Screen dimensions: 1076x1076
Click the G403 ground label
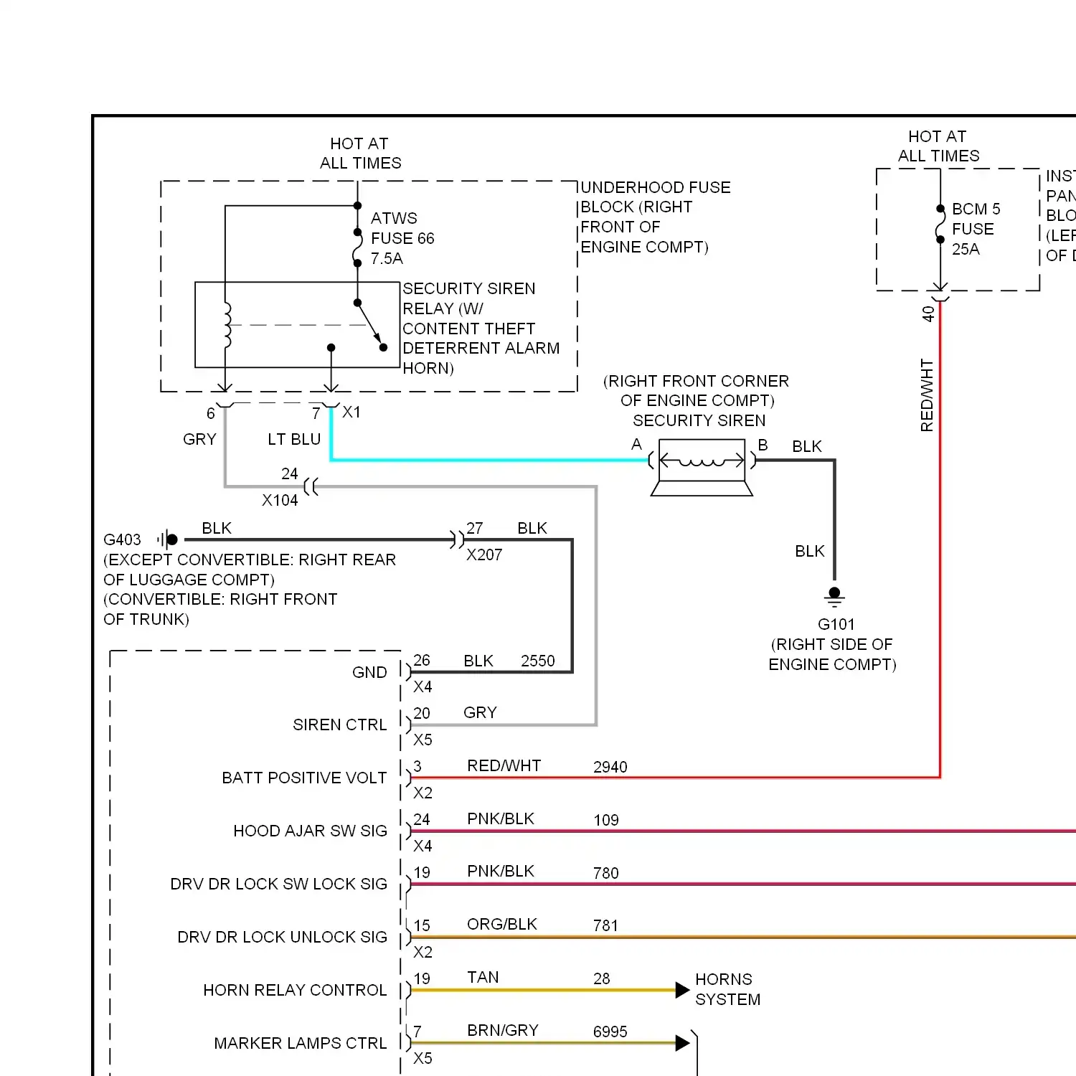click(122, 539)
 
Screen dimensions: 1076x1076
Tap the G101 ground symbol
click(834, 597)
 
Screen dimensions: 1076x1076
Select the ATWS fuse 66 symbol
click(357, 247)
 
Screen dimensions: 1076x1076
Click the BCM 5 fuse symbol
click(940, 225)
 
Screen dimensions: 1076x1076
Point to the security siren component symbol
click(702, 467)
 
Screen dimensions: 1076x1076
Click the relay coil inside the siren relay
click(227, 325)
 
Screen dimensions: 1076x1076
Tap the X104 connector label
click(280, 500)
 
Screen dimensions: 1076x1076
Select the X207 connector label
click(484, 554)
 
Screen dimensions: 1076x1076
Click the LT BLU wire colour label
click(294, 439)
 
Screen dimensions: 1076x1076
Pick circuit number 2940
click(610, 767)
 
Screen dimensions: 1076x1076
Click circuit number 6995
click(610, 1032)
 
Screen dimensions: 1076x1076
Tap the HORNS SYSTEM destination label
click(727, 989)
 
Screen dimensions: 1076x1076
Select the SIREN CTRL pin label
click(340, 725)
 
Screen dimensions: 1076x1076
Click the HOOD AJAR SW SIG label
click(310, 831)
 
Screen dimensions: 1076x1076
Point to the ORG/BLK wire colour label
click(502, 924)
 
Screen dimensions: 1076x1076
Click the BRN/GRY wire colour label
click(503, 1030)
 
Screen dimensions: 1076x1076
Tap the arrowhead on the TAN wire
click(683, 990)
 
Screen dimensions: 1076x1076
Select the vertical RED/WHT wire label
click(927, 395)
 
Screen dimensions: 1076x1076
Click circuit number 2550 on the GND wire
click(538, 661)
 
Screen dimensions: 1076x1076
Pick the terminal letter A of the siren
click(636, 445)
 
